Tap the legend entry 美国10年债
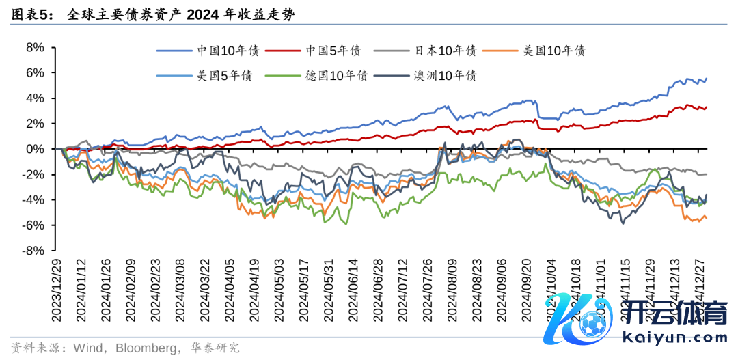pyautogui.click(x=553, y=51)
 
